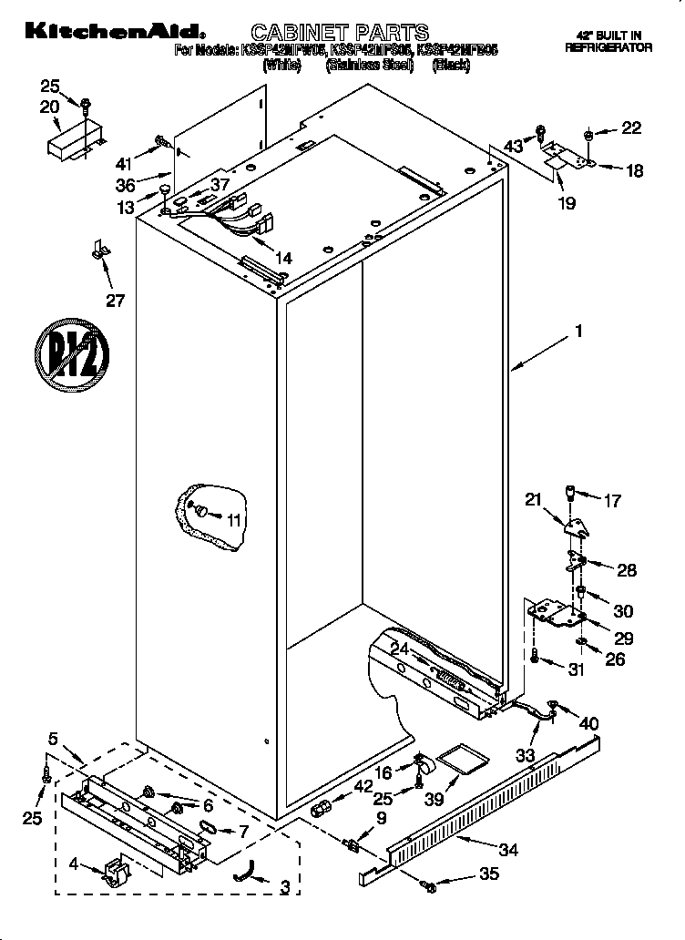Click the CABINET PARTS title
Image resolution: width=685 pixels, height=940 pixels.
pos(340,36)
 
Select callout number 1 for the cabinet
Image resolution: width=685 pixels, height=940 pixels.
pos(577,333)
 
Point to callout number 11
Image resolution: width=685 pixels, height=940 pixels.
pos(235,521)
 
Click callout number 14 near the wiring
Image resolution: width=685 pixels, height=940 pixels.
pos(283,259)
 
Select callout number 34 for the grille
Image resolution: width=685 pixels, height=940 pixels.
pos(508,851)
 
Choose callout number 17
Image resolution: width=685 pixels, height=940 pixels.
pos(612,500)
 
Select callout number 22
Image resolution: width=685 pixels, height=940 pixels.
pos(631,128)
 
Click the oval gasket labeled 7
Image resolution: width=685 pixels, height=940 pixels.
pos(206,829)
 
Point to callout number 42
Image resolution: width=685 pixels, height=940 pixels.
pos(363,787)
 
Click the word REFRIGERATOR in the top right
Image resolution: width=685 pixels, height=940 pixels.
pos(608,47)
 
